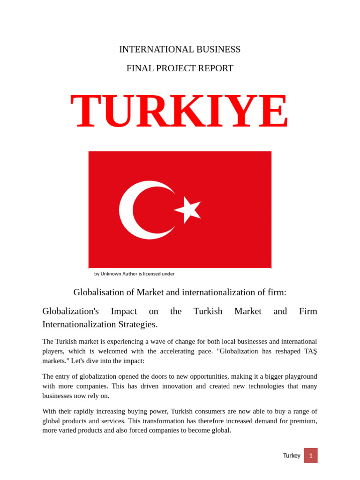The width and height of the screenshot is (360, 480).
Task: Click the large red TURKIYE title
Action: coord(180,112)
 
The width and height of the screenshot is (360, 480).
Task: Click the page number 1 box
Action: coord(311,456)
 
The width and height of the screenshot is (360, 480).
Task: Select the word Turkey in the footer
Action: coord(292,456)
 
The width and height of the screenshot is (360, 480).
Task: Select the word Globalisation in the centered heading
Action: coord(104,292)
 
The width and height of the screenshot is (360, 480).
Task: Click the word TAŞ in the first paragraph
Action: coord(310,351)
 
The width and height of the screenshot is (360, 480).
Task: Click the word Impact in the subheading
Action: coord(124,311)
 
